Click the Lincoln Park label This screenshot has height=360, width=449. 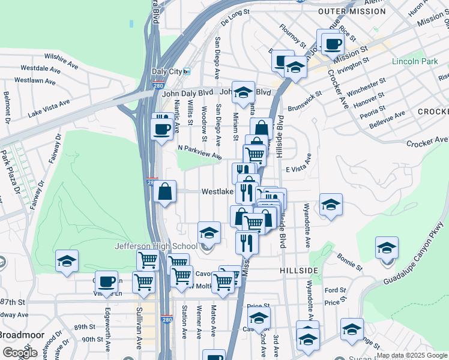(414, 62)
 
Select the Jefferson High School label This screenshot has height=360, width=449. (156, 246)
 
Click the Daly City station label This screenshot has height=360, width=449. (167, 71)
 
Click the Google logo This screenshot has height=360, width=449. (20, 353)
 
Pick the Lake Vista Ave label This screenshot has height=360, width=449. (49, 107)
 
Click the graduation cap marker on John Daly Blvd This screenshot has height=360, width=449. (243, 93)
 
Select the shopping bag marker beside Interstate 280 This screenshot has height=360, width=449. (165, 193)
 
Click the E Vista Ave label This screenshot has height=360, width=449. (298, 169)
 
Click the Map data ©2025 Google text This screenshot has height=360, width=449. (412, 355)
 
